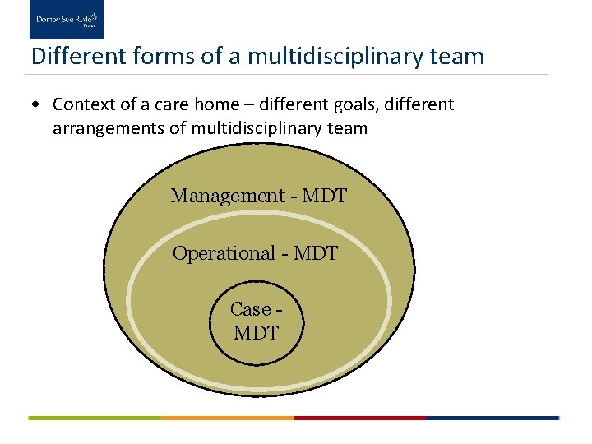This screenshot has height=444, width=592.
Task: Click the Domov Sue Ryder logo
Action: pyautogui.click(x=67, y=20)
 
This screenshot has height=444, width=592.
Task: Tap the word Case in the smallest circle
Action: pyautogui.click(x=250, y=309)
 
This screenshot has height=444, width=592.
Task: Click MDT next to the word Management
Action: pyautogui.click(x=325, y=197)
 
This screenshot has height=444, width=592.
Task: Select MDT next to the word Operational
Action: pyautogui.click(x=316, y=253)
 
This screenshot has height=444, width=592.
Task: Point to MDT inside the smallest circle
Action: pyautogui.click(x=257, y=333)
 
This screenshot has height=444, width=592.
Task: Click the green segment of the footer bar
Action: pyautogui.click(x=95, y=418)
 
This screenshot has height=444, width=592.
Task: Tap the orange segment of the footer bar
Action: pyautogui.click(x=228, y=418)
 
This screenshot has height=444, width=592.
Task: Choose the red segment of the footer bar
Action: pyautogui.click(x=360, y=418)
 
